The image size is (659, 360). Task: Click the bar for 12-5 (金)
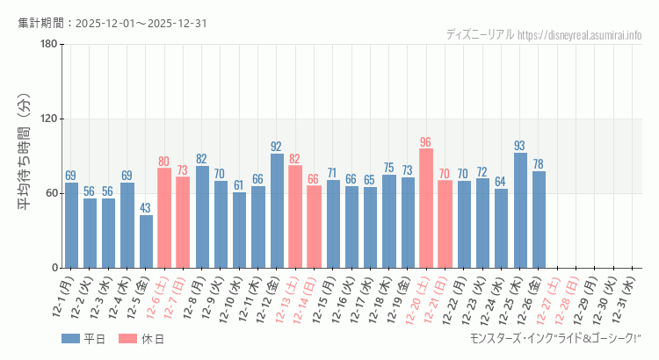[x=146, y=241]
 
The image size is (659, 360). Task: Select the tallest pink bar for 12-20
[x=426, y=208]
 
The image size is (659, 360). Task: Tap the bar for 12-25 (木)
[x=520, y=211]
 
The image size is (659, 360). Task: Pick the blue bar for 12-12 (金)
[x=277, y=211]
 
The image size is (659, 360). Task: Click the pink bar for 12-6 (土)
[x=164, y=218]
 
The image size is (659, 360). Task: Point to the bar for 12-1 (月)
[x=71, y=225]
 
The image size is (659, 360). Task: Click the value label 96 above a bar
[x=426, y=142]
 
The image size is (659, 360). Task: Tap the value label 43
[x=146, y=208]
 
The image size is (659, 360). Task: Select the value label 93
[x=520, y=146]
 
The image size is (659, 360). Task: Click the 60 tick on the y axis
[x=51, y=194]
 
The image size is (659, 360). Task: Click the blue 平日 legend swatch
[x=70, y=339]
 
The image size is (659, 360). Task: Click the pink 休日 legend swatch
[x=127, y=339]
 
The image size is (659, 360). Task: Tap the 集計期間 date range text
[x=113, y=23]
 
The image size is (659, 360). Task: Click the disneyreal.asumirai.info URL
[x=580, y=35]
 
